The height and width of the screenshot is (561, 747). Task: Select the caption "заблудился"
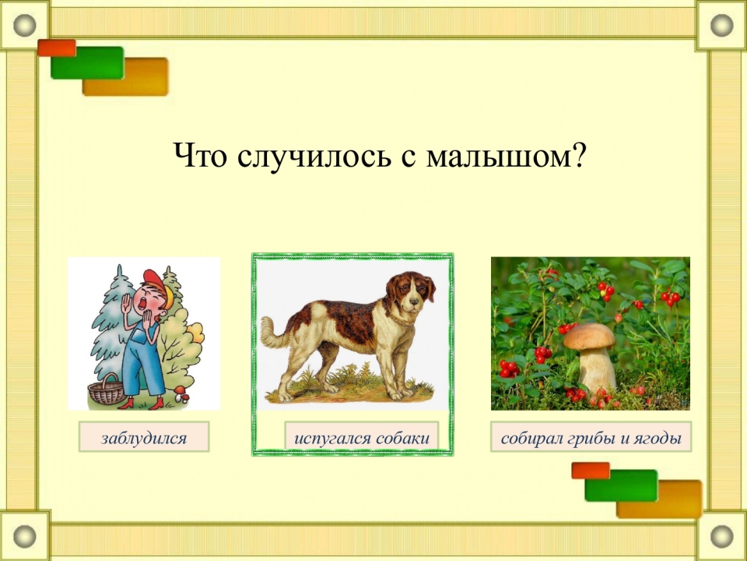click(x=144, y=438)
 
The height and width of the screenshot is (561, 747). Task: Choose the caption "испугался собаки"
click(x=362, y=438)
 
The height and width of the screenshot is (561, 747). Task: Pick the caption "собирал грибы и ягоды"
click(x=591, y=438)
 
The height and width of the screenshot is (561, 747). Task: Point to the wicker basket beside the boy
click(x=107, y=390)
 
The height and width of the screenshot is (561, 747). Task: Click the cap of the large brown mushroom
click(x=589, y=336)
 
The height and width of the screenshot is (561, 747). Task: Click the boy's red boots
click(x=142, y=404)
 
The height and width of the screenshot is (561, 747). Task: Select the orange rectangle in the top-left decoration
click(x=57, y=48)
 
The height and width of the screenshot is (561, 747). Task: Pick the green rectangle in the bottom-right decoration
click(x=621, y=485)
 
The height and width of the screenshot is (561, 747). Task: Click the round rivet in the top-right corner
click(x=721, y=25)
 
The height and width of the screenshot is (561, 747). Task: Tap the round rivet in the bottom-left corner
click(x=24, y=536)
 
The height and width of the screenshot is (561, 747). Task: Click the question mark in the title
click(x=578, y=154)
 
